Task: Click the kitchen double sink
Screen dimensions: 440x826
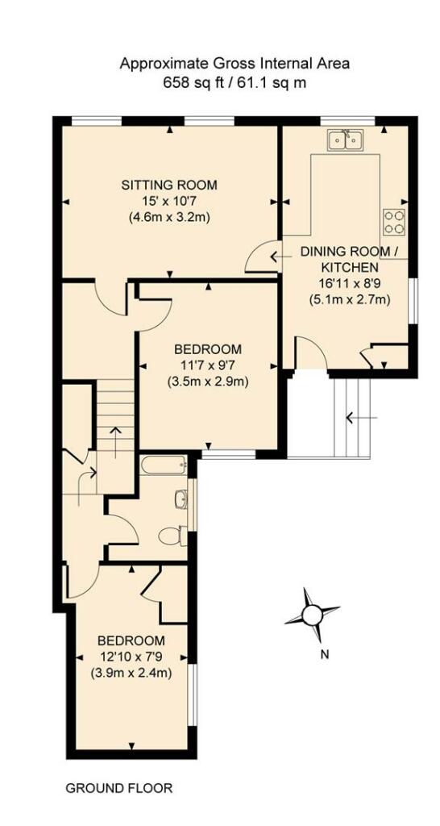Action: point(345,140)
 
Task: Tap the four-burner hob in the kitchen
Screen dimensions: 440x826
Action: point(395,221)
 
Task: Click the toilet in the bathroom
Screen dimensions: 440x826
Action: point(172,536)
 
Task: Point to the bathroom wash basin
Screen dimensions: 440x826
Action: point(181,499)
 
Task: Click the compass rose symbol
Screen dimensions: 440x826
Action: point(312,614)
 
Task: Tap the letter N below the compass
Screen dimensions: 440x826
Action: point(325,655)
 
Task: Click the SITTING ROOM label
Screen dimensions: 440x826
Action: point(169,185)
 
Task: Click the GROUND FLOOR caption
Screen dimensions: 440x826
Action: point(119,789)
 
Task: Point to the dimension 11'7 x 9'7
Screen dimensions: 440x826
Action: point(209,365)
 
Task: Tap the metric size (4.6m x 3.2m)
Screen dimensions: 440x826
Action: point(169,217)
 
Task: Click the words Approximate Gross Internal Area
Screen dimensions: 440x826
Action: point(235,65)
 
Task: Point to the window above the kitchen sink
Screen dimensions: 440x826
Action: point(348,121)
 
